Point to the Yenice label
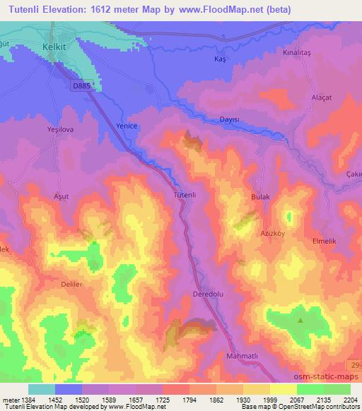(126, 126)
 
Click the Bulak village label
(261, 198)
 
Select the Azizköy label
(271, 232)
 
